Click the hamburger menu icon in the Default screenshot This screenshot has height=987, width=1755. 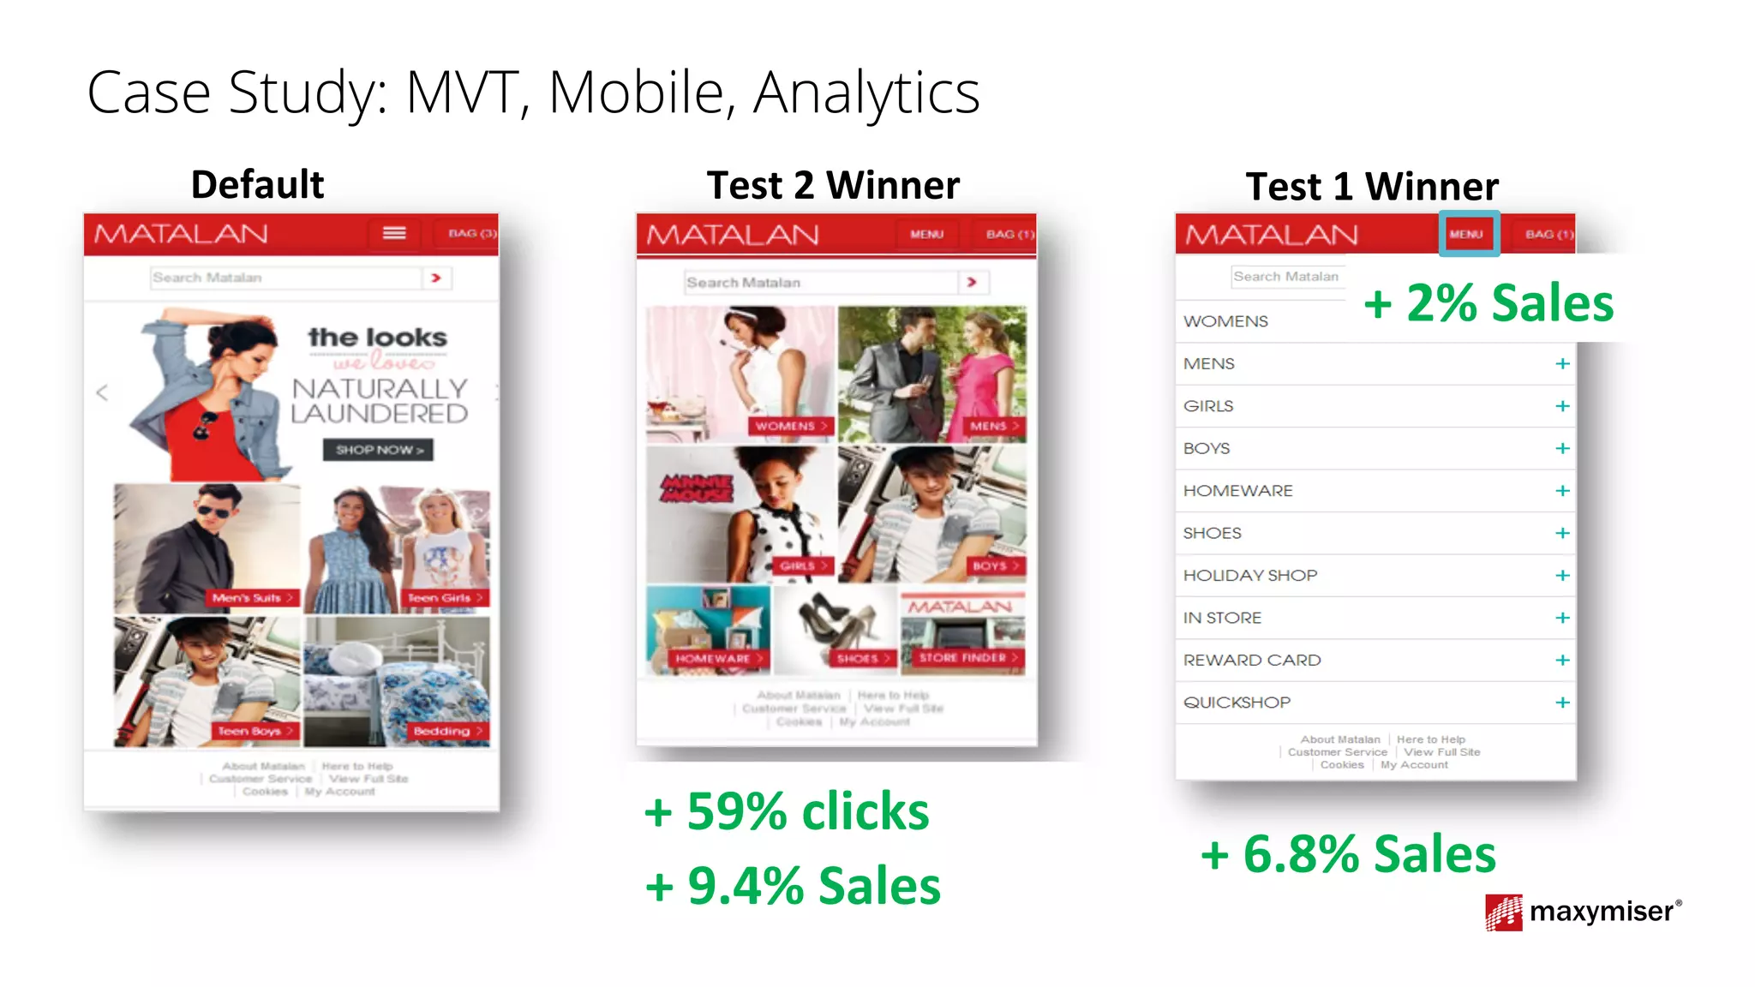pos(394,233)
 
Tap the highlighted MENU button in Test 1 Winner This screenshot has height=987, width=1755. pos(1467,234)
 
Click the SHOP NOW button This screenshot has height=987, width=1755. pos(378,450)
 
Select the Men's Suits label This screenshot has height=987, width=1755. pos(252,598)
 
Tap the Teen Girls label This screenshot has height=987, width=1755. pos(444,598)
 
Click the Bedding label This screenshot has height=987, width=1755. pos(446,731)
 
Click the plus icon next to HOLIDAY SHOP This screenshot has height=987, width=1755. pos(1562,576)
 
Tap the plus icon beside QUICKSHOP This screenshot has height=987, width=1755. pos(1562,703)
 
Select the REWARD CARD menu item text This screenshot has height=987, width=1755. pos(1252,661)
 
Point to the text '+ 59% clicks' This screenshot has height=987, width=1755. pos(787,811)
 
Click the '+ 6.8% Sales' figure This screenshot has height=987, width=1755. pos(1348,854)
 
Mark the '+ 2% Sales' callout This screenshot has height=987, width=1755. pos(1488,303)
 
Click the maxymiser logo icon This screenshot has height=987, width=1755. pos(1503,912)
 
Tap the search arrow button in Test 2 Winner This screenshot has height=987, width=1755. pos(972,282)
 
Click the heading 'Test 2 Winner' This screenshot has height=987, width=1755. pos(833,186)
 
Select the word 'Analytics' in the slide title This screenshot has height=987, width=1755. pos(866,93)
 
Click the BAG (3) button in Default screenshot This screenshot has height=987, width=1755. pos(471,233)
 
